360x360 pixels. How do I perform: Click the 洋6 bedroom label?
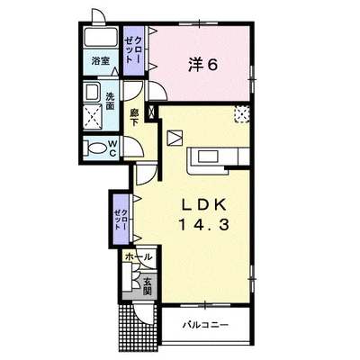point(202,65)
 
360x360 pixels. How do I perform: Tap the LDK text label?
point(204,205)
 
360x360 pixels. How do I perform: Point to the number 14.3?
point(204,224)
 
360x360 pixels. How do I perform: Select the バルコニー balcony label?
point(206,325)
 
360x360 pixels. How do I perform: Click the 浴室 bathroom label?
point(101,61)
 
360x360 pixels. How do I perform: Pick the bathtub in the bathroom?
point(101,38)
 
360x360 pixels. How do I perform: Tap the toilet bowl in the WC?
point(95,148)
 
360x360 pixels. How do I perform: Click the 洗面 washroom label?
point(110,101)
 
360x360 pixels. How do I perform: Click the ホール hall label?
point(139,257)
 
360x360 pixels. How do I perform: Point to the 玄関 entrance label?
point(148,286)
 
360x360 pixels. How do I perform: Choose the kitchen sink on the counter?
point(207,157)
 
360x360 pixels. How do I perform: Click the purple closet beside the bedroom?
point(134,50)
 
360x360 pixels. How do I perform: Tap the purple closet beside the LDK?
point(121,219)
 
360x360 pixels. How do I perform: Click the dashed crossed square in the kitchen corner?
point(241,114)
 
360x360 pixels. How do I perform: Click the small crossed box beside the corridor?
point(151,112)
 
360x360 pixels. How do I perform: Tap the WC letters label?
point(112,148)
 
